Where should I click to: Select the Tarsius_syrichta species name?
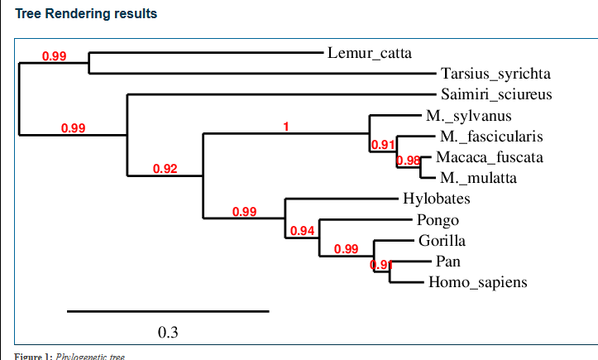click(495, 74)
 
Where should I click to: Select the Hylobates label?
click(437, 199)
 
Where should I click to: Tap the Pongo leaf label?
click(433, 220)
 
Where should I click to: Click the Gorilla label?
click(442, 241)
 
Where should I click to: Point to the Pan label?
click(447, 262)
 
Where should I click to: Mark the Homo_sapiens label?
click(477, 283)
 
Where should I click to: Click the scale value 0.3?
click(168, 333)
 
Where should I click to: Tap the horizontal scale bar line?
click(168, 311)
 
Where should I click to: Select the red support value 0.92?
click(165, 170)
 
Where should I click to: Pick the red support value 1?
click(286, 127)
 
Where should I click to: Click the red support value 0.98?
click(409, 161)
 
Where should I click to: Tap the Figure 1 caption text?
click(69, 356)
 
